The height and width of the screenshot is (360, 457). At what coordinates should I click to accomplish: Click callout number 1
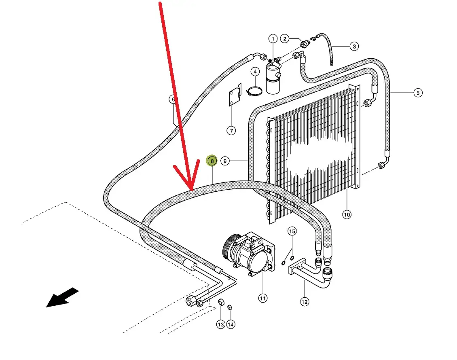click(x=273, y=39)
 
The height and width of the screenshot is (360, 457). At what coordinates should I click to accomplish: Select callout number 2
click(x=285, y=39)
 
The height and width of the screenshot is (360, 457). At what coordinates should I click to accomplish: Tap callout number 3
click(x=354, y=47)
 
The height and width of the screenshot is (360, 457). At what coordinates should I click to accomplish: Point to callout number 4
click(x=255, y=72)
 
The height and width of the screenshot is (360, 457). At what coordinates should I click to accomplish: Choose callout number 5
click(x=418, y=93)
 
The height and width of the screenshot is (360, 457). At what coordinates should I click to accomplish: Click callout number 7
click(x=231, y=130)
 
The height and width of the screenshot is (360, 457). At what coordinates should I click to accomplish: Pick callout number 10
click(x=347, y=214)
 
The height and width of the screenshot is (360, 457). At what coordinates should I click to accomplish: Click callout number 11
click(x=263, y=299)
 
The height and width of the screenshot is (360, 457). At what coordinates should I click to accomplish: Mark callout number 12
click(x=304, y=301)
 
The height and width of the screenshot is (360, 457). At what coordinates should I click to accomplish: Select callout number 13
click(x=220, y=324)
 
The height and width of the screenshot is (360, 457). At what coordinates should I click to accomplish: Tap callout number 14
click(x=231, y=324)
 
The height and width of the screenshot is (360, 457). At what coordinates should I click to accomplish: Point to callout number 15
click(x=292, y=231)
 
